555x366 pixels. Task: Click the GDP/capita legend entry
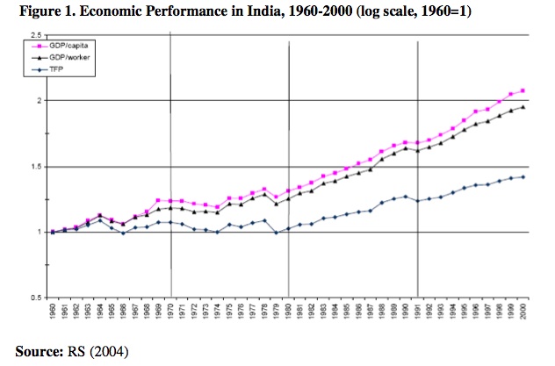[x=59, y=42]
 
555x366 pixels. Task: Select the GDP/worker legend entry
[x=59, y=54]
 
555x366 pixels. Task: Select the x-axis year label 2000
[x=523, y=313]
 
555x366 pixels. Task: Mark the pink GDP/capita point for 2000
[x=523, y=90]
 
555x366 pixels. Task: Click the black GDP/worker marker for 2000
[x=523, y=107]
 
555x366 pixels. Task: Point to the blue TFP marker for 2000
[x=523, y=177]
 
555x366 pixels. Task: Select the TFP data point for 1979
[x=276, y=233]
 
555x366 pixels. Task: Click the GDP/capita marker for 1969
[x=157, y=200]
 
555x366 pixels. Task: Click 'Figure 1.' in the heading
[x=33, y=11]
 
